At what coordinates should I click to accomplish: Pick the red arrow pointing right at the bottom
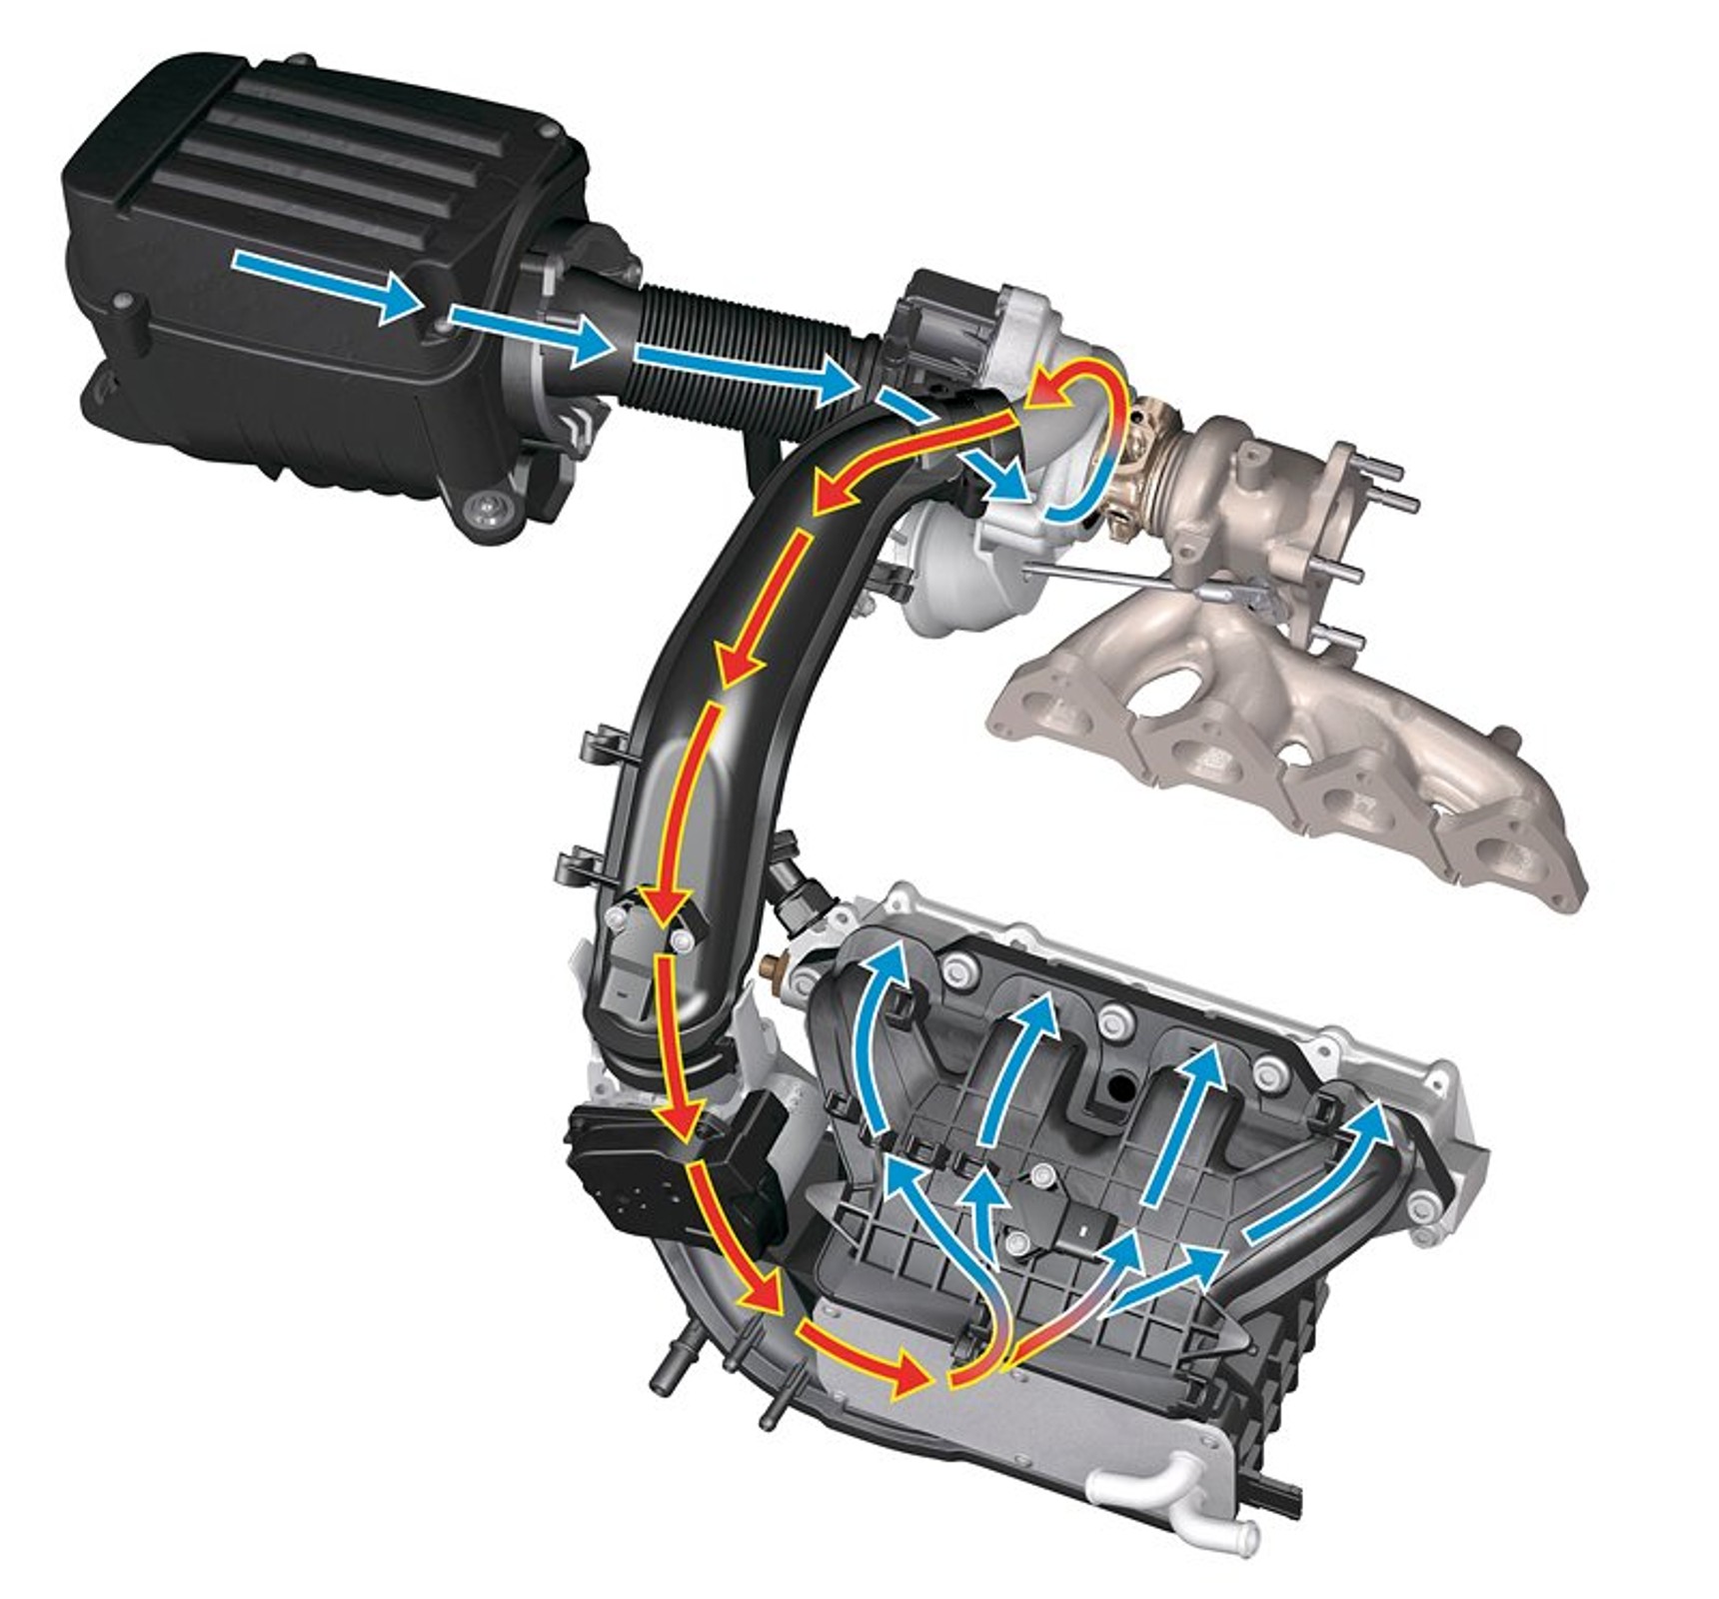[x=869, y=1358]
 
